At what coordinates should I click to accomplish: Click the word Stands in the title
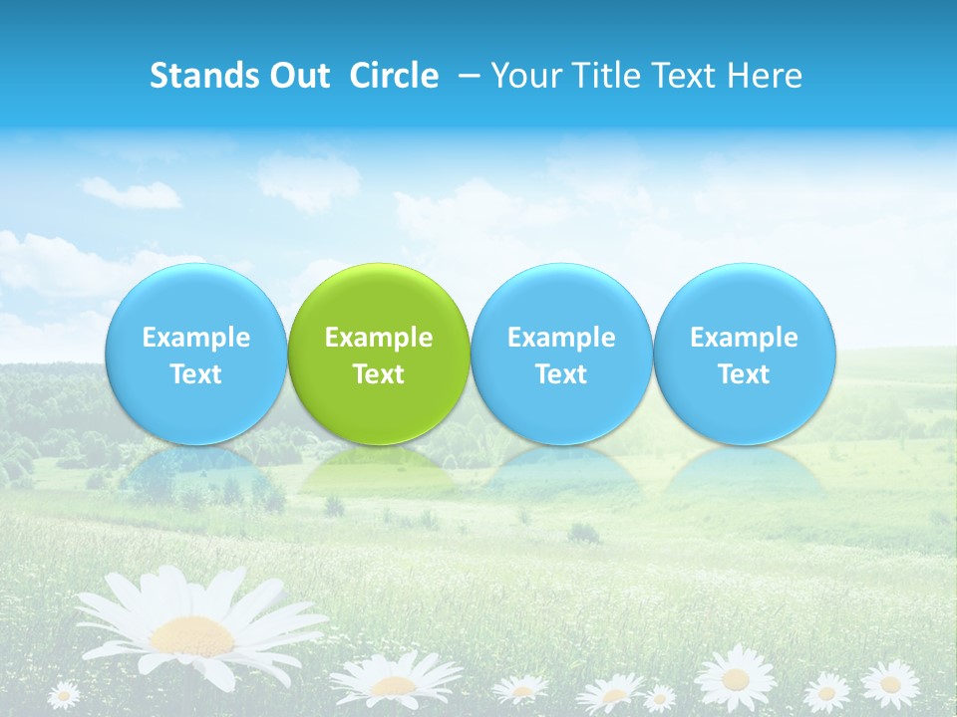tap(196, 76)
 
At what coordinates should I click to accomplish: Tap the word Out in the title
tap(295, 76)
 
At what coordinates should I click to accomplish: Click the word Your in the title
tap(521, 76)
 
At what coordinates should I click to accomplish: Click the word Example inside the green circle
tap(379, 338)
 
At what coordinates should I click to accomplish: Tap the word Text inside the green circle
tap(379, 374)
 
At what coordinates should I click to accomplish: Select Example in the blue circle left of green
tap(196, 338)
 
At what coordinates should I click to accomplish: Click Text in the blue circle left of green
tap(196, 374)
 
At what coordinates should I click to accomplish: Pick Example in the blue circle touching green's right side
tap(561, 338)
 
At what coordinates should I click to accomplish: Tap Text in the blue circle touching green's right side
tap(561, 374)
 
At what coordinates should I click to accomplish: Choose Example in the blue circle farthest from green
tap(745, 338)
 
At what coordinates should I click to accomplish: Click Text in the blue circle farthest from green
tap(745, 374)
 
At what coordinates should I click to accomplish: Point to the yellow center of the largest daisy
tap(192, 634)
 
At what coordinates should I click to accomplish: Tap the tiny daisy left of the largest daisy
tap(64, 693)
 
